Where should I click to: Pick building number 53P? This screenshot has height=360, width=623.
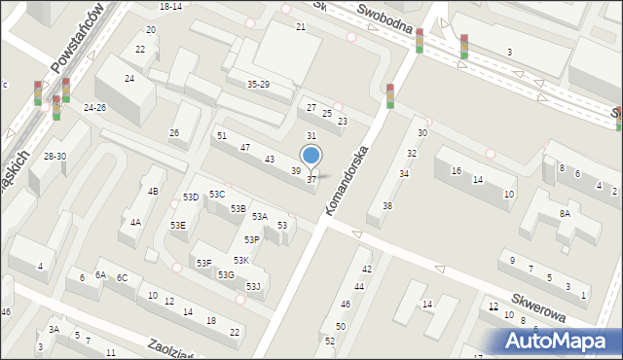click(x=252, y=239)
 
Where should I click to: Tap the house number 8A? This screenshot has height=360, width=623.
click(x=565, y=213)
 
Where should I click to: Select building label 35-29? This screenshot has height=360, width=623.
click(x=258, y=85)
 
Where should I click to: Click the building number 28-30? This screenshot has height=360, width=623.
click(x=55, y=156)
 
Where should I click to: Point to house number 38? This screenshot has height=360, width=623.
click(x=386, y=205)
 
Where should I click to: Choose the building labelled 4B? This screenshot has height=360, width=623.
click(x=153, y=191)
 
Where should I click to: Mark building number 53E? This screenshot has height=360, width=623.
click(x=178, y=225)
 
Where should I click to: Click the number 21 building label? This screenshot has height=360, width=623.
click(x=301, y=25)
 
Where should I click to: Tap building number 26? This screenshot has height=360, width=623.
click(x=174, y=132)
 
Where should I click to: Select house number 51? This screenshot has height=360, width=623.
click(x=222, y=135)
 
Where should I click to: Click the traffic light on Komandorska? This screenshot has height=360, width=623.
click(x=389, y=95)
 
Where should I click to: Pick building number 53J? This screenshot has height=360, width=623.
click(x=253, y=286)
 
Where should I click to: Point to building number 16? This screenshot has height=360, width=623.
click(x=456, y=171)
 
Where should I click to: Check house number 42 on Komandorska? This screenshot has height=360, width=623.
click(x=367, y=269)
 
